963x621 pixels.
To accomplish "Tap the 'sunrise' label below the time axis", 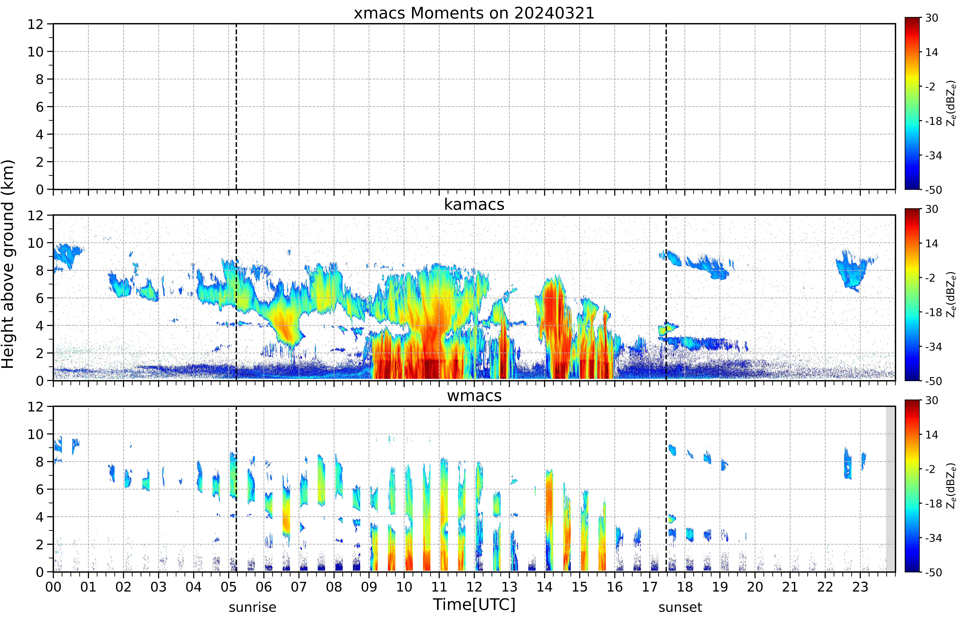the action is pos(253,607).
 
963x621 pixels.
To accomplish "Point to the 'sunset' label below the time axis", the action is pos(680,607).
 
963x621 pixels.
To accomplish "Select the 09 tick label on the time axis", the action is pos(369,587).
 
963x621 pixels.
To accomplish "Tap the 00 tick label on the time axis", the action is pos(53,587).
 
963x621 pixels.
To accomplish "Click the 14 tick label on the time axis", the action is pos(545,587).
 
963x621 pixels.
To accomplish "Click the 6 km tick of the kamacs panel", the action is pos(40,298).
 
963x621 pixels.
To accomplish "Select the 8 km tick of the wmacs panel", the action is pos(40,462).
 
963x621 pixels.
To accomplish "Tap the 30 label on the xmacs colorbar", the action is pos(931,18).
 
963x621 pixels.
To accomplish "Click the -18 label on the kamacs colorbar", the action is pos(933,312).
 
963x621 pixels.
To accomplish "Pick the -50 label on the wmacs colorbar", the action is pos(933,572).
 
